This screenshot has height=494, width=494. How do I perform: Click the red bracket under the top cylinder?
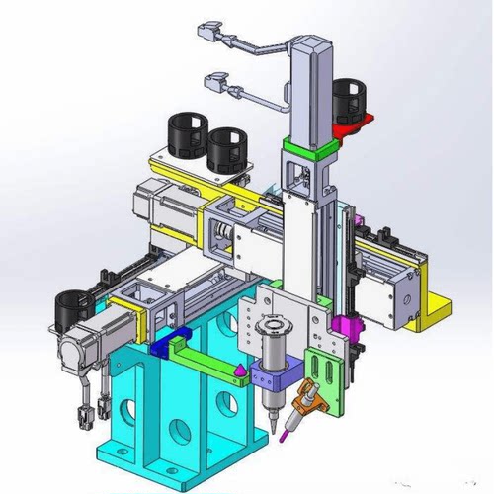[x=364, y=123]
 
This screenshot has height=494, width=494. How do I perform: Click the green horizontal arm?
[x=203, y=358]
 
